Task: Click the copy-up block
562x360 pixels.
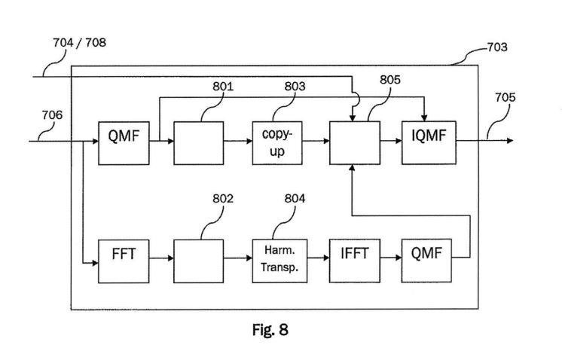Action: pos(276,142)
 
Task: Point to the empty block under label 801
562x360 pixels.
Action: pos(199,142)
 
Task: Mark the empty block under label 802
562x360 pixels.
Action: pos(199,258)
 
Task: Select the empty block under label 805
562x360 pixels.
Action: pos(353,142)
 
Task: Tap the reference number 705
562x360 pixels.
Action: pos(505,96)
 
